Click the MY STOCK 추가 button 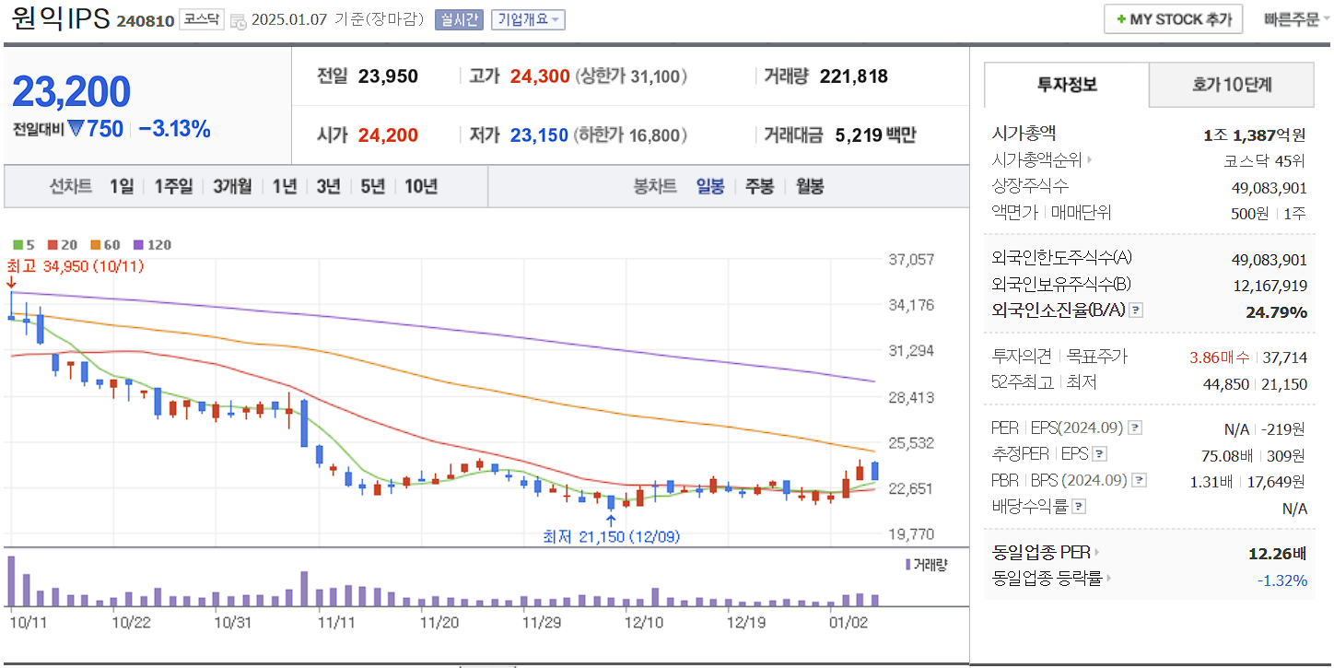click(x=1173, y=19)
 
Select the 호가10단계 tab click(x=1232, y=86)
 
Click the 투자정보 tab click(x=1067, y=86)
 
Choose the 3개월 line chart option click(x=232, y=186)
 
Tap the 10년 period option click(x=421, y=186)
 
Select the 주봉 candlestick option click(x=759, y=186)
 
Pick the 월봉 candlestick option click(x=810, y=186)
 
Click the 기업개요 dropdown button click(x=528, y=19)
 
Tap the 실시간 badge click(x=459, y=19)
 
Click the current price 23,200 click(x=72, y=92)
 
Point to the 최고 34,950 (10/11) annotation click(x=75, y=266)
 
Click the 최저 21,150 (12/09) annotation click(x=611, y=536)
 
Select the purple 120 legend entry click(x=153, y=245)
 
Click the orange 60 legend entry click(x=106, y=245)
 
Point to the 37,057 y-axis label click(x=911, y=260)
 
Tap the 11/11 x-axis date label click(x=336, y=622)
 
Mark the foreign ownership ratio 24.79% click(x=1276, y=312)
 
